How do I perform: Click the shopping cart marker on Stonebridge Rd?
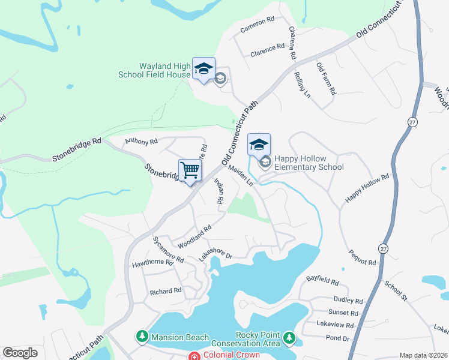coord(190,170)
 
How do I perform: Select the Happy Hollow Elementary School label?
coord(309,163)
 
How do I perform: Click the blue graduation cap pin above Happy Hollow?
coord(259,145)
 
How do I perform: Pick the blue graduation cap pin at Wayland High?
coord(203,68)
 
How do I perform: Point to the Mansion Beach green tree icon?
coord(143,337)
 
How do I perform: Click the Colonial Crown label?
coord(231,355)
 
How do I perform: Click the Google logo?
coord(20,353)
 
